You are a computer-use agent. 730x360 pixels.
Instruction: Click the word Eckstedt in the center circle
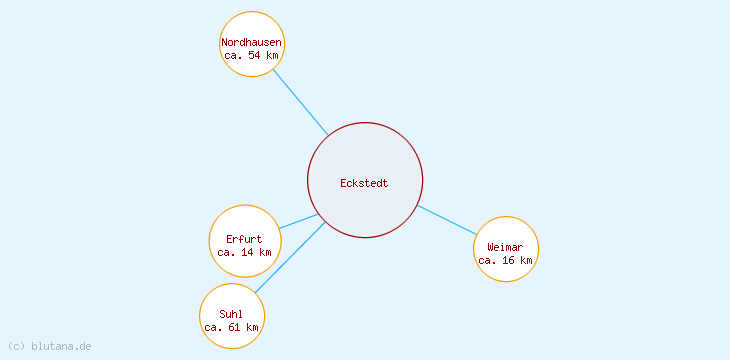[x=364, y=183]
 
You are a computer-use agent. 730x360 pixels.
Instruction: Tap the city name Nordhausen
[x=251, y=42]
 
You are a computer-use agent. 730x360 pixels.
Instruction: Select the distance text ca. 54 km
[x=251, y=55]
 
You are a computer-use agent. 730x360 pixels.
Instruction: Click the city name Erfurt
[x=244, y=239]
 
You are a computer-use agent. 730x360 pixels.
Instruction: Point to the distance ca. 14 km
[x=244, y=252]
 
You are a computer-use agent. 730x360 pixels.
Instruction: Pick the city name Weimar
[x=505, y=247]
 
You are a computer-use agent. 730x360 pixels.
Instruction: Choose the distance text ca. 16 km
[x=505, y=260]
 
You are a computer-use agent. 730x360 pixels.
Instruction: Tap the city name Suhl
[x=231, y=314]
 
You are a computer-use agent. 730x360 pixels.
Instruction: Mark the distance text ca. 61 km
[x=231, y=327]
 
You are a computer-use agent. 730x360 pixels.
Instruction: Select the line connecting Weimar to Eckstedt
[x=448, y=221]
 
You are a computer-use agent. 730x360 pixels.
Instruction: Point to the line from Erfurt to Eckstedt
[x=299, y=221]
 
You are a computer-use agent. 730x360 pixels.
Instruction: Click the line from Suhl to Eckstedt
[x=290, y=257]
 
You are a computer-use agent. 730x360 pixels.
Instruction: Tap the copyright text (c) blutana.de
[x=50, y=346]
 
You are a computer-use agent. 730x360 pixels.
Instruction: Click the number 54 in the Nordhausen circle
[x=254, y=55]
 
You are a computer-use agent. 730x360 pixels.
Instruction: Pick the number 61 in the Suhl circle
[x=234, y=327]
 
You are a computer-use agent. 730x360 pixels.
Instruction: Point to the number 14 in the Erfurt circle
[x=247, y=252]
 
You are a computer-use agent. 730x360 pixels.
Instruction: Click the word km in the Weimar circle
[x=525, y=260]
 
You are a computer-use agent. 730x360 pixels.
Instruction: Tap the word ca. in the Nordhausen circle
[x=233, y=55]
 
